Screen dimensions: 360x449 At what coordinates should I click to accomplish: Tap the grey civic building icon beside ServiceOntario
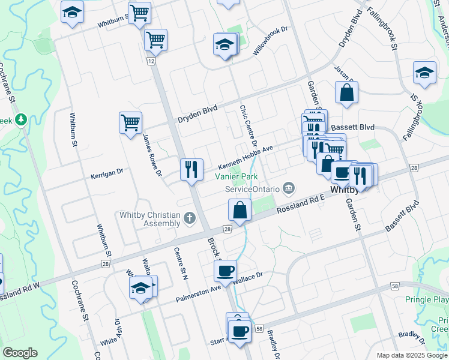coord(289,189)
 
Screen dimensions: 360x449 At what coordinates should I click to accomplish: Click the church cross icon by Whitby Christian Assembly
coord(190,217)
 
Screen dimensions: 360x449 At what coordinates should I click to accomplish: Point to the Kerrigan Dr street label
coord(107,172)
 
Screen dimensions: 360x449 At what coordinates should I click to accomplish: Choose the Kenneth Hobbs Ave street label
coord(246,157)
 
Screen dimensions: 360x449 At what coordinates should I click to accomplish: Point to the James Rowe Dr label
coord(152,155)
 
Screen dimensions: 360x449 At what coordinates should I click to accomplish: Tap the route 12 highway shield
coord(150,62)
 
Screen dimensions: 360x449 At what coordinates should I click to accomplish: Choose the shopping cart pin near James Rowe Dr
coord(130,122)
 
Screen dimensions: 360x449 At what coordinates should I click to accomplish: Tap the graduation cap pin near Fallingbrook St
coord(424,73)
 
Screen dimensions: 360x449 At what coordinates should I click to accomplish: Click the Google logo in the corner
coord(20,353)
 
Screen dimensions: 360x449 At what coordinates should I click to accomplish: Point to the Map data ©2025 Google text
coord(411,355)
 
